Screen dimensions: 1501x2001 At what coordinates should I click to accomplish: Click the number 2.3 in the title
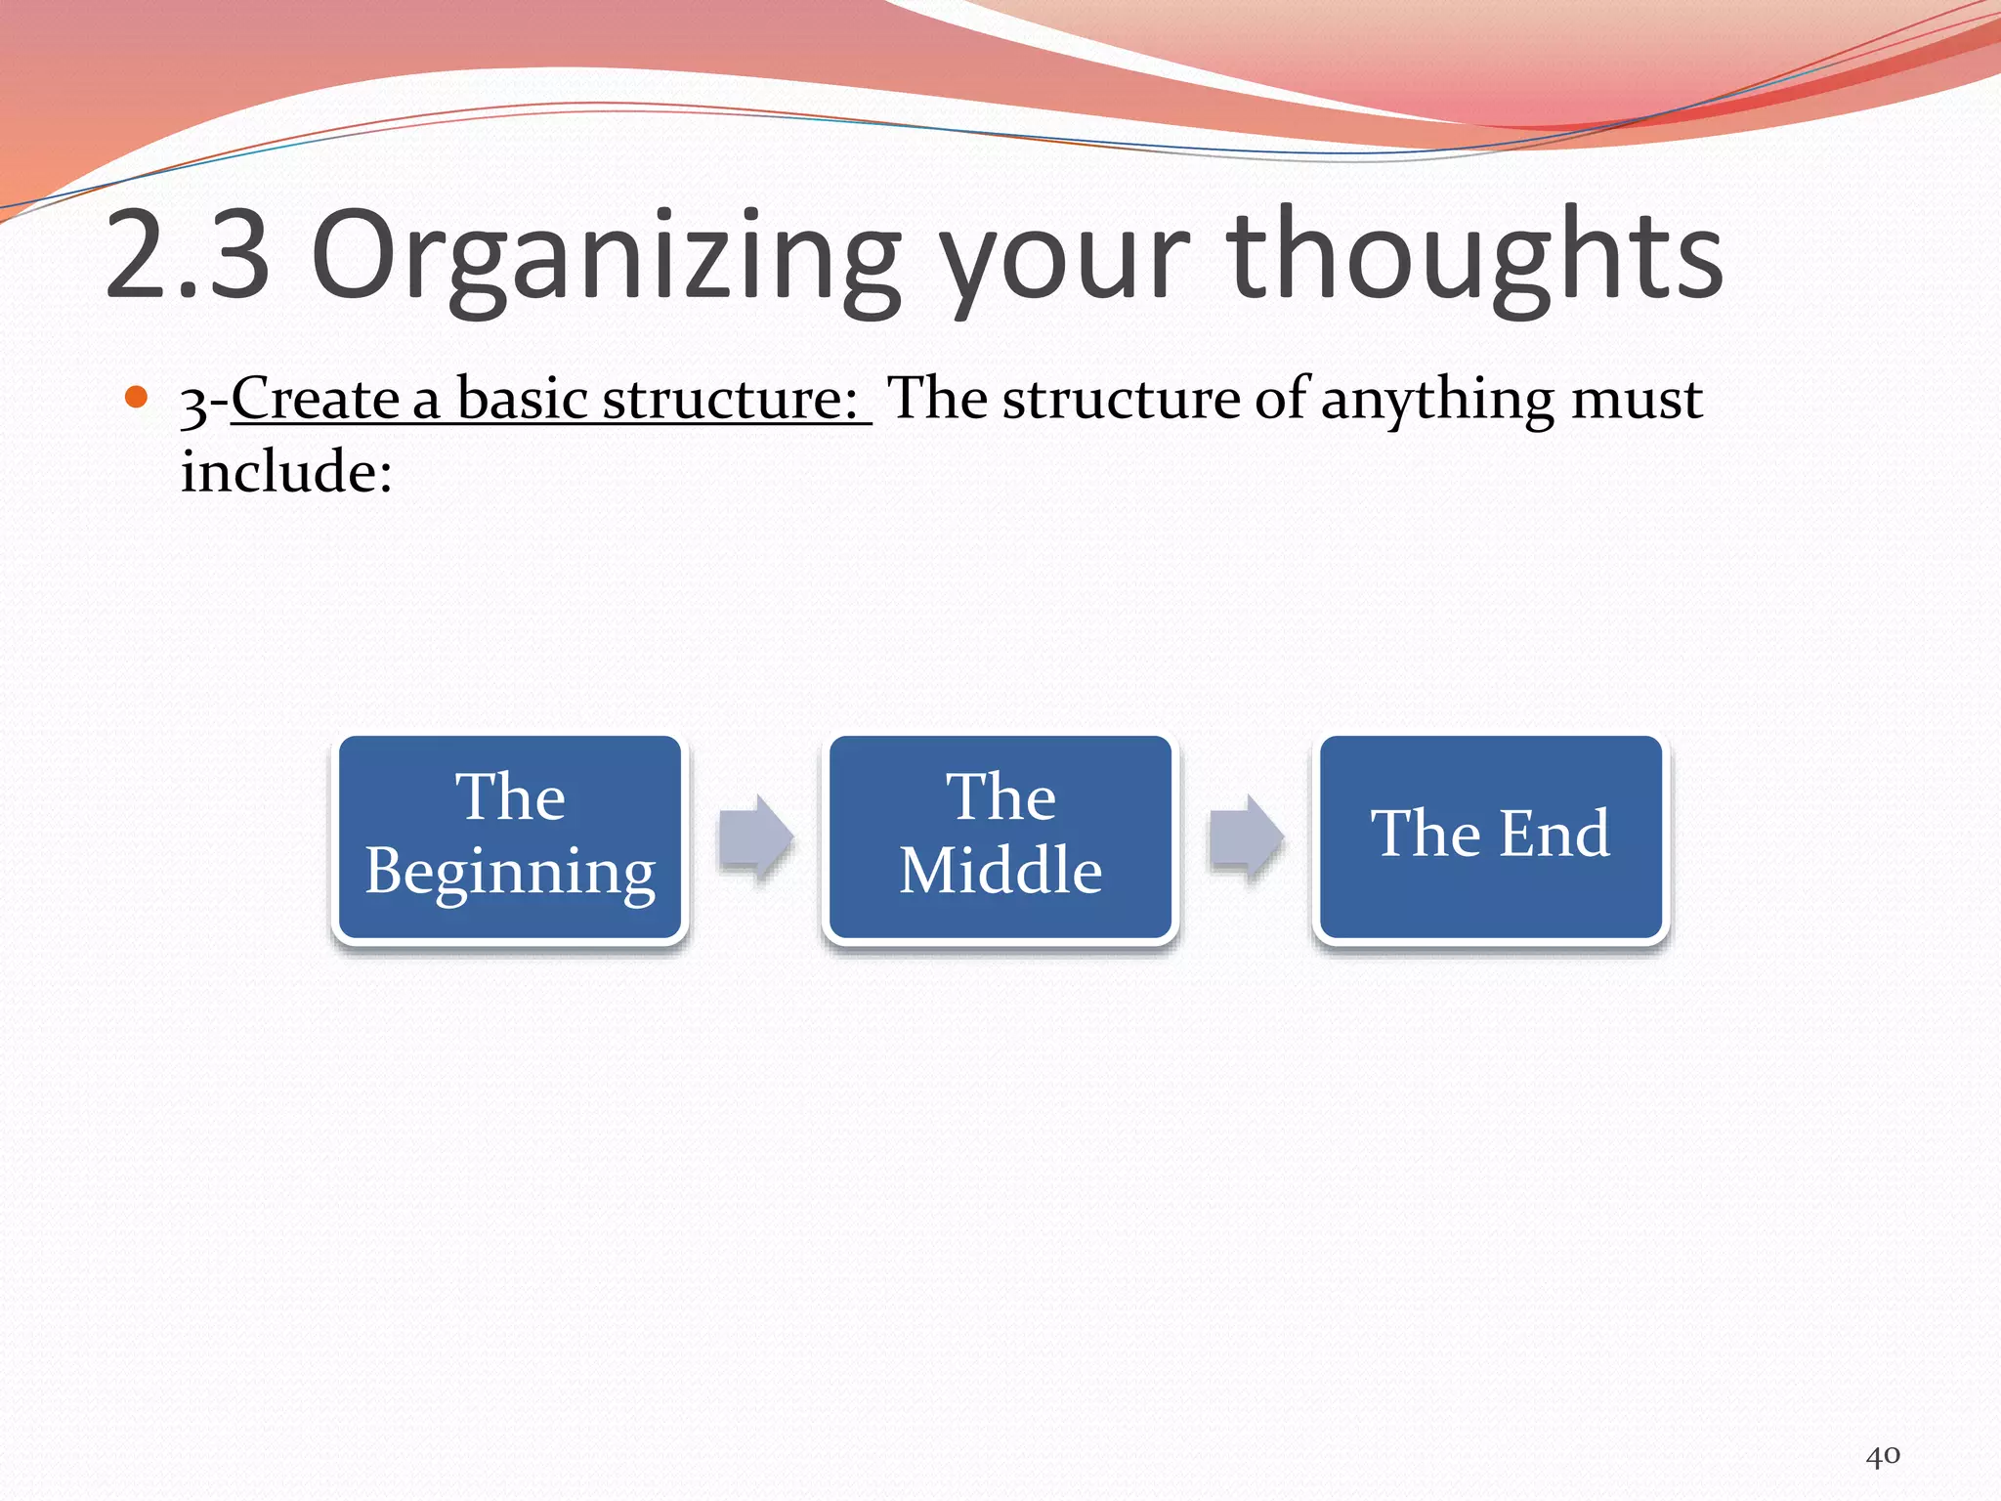187,256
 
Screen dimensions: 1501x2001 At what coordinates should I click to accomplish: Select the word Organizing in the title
606,256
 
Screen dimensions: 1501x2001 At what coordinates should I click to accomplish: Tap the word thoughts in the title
1475,256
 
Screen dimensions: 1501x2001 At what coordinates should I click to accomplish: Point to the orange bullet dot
137,397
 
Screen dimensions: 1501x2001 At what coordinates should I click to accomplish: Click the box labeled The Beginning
510,838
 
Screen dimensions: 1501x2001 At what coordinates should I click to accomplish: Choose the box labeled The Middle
1000,838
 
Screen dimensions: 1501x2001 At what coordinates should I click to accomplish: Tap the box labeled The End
1491,838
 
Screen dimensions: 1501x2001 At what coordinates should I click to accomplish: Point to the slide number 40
1883,1456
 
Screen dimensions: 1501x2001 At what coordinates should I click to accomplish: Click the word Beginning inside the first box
510,872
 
